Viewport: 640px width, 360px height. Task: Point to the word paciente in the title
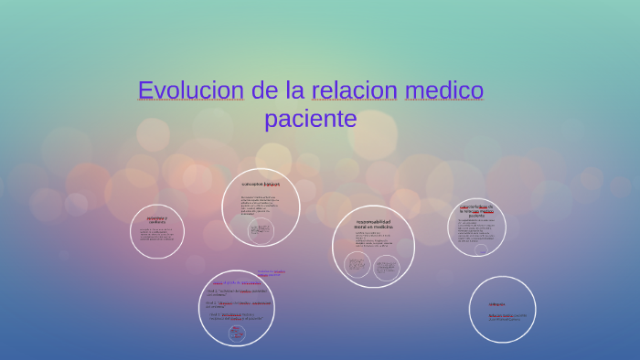[310, 119]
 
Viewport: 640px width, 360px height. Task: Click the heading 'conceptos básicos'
[261, 184]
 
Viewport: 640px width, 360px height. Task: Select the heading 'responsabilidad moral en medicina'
[373, 224]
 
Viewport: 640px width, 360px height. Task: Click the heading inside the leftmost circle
[157, 220]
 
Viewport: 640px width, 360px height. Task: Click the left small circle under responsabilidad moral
[357, 266]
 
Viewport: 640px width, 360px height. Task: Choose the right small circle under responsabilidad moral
[385, 268]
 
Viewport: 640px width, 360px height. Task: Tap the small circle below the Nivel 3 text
[237, 333]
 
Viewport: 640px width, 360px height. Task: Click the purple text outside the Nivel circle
[271, 272]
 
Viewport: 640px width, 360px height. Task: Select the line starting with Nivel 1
[236, 292]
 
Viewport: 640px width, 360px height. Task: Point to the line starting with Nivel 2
[238, 303]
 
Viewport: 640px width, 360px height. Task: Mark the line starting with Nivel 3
[234, 317]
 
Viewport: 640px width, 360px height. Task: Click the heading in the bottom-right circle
[496, 304]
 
